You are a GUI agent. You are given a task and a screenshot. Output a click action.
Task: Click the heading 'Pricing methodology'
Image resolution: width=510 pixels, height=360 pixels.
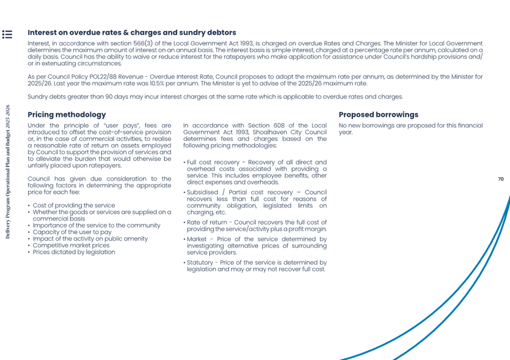coord(67,115)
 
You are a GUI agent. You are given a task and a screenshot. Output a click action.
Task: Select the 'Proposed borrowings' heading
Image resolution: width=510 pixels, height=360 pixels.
coord(378,115)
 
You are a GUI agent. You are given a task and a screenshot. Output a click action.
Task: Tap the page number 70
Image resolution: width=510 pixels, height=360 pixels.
coord(500,179)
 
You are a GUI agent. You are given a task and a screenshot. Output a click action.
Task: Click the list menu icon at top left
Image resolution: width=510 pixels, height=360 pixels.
coord(7,34)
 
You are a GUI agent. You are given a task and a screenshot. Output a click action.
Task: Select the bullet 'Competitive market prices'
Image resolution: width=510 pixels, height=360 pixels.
coord(71,245)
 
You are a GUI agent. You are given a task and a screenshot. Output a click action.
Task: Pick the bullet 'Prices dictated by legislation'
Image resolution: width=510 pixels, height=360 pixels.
coord(73,252)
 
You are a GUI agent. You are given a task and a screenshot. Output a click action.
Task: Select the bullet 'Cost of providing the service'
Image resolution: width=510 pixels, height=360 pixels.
coord(73,205)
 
